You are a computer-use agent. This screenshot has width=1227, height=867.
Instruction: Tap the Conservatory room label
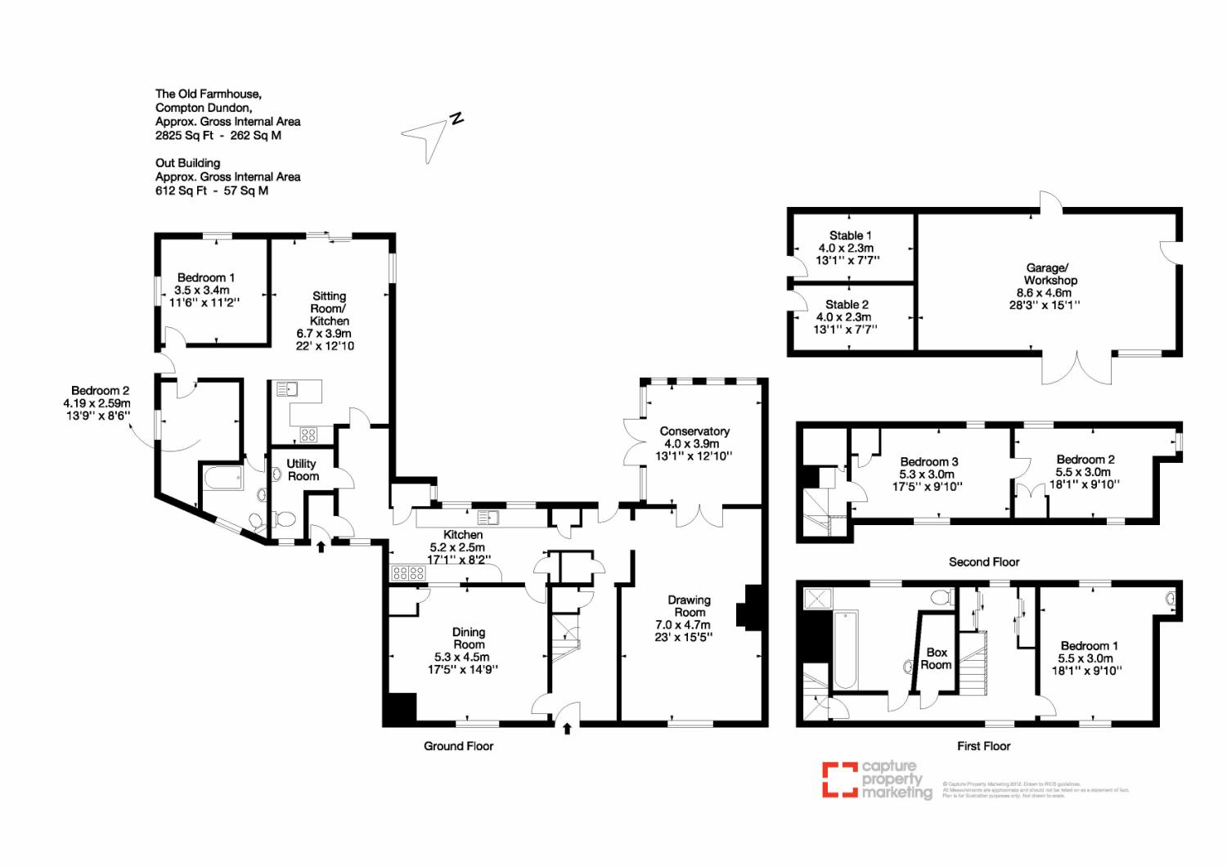[694, 431]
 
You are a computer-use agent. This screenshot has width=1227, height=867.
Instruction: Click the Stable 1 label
[850, 236]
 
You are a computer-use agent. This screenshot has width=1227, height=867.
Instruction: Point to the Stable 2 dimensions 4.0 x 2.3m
[843, 317]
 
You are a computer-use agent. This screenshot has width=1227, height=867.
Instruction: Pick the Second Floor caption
[984, 562]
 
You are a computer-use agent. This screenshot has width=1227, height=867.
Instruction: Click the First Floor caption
[983, 746]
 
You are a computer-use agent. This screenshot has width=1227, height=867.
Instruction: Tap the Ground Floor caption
[458, 746]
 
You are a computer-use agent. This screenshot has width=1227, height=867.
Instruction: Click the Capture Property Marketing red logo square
[839, 779]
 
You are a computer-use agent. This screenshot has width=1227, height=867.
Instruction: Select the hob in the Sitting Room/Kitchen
[308, 434]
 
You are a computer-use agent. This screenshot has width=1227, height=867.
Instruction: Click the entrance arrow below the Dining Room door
[567, 727]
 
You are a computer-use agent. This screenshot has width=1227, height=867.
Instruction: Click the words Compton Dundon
[204, 107]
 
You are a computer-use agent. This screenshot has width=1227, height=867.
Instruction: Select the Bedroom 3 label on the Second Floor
[928, 461]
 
